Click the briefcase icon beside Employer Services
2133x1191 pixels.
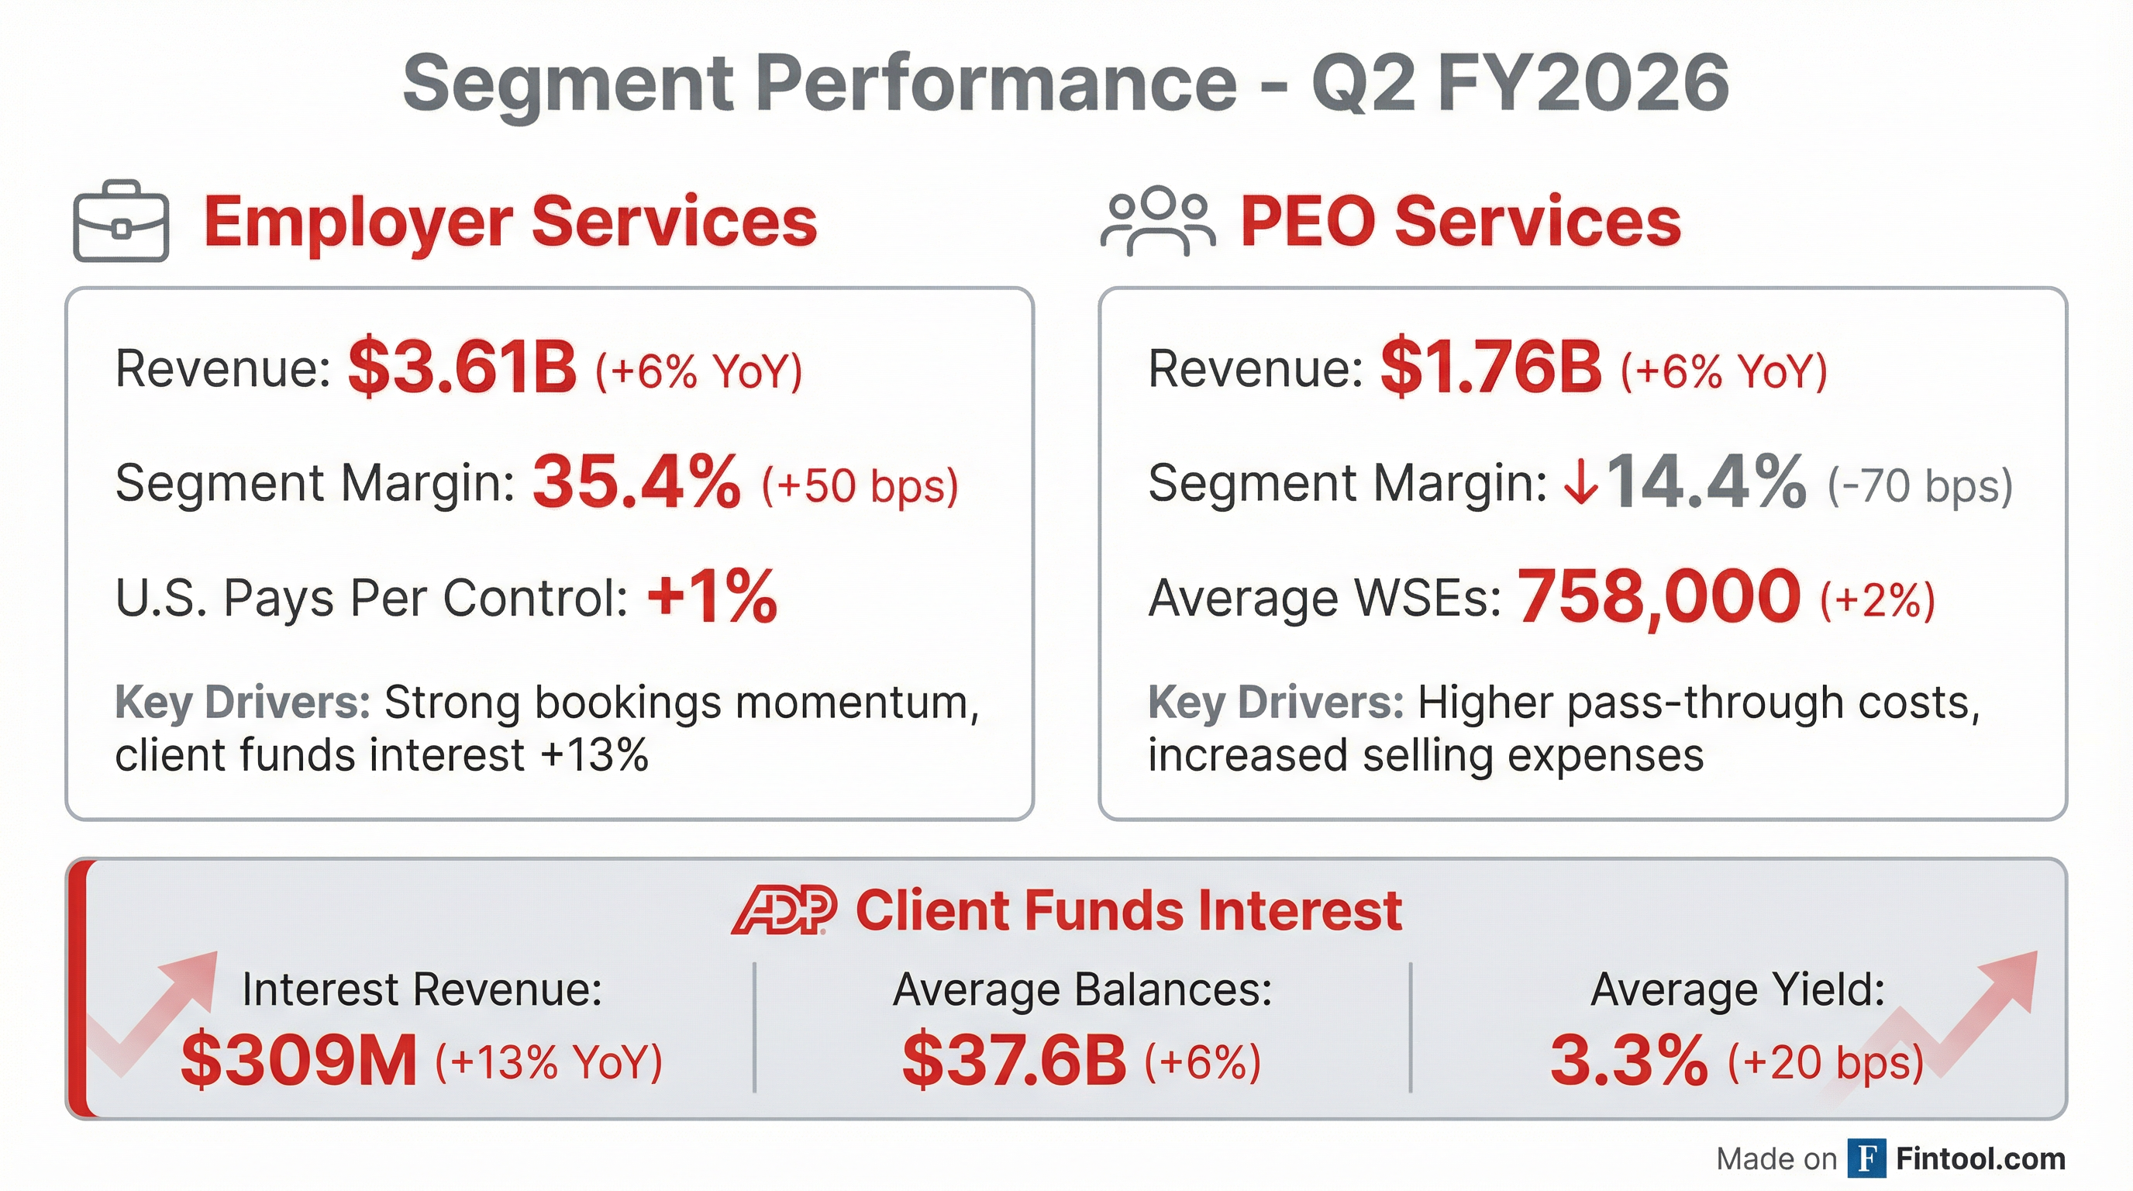tap(121, 221)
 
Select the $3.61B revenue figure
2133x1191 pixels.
tap(461, 368)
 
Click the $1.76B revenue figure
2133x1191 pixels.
tap(1491, 368)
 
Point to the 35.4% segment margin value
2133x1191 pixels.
tap(636, 482)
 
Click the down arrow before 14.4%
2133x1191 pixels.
tap(1580, 484)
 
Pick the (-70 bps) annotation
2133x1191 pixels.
tap(1919, 485)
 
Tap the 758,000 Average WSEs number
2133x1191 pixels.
tap(1659, 596)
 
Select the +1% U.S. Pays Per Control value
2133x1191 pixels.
tap(712, 596)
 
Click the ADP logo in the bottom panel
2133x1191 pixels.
tap(784, 910)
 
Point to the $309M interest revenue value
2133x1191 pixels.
tap(299, 1061)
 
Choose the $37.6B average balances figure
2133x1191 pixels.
tap(1015, 1061)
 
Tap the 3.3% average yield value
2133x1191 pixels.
tap(1628, 1061)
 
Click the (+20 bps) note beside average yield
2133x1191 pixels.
tap(1825, 1062)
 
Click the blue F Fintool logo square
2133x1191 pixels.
tap(1867, 1158)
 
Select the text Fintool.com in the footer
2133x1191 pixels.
tap(1980, 1158)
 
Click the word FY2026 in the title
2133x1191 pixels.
tap(1583, 83)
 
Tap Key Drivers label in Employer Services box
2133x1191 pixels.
tap(242, 703)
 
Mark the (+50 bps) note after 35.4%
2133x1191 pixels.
tap(860, 485)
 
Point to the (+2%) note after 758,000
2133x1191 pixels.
tap(1877, 599)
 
